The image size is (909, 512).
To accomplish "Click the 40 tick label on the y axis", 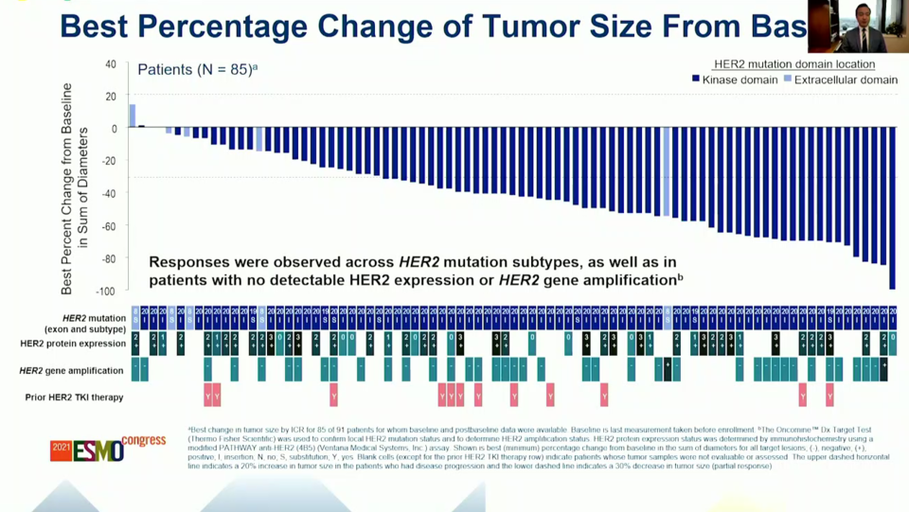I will pyautogui.click(x=111, y=64).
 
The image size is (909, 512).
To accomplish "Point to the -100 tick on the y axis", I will pyautogui.click(x=107, y=291).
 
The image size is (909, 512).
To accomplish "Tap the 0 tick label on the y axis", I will pyautogui.click(x=114, y=129).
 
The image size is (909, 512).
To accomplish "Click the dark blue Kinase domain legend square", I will pyautogui.click(x=696, y=79).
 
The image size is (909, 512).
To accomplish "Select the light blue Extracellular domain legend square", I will pyautogui.click(x=788, y=79).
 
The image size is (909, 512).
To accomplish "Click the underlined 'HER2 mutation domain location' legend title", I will pyautogui.click(x=793, y=64).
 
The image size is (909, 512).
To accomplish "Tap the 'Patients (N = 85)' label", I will pyautogui.click(x=196, y=69).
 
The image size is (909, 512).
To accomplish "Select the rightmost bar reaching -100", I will pyautogui.click(x=892, y=208).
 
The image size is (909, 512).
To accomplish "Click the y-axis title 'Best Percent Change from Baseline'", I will pyautogui.click(x=67, y=189).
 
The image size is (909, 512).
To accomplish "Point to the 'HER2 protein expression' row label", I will pyautogui.click(x=72, y=344).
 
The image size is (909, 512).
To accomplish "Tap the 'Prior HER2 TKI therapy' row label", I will pyautogui.click(x=74, y=397).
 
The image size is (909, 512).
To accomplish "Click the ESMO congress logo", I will pyautogui.click(x=107, y=449).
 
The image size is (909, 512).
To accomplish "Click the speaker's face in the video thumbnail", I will pyautogui.click(x=863, y=15).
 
